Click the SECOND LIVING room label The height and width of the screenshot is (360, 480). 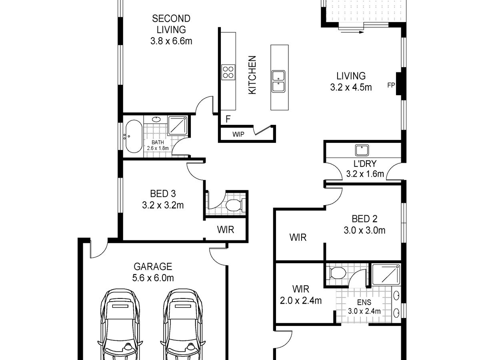(171, 24)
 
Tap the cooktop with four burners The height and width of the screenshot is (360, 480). (228, 72)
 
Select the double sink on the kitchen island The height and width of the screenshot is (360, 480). (278, 81)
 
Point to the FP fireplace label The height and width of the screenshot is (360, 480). (391, 85)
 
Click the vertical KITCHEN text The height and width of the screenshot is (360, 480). (252, 75)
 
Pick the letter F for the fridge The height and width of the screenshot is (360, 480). (228, 119)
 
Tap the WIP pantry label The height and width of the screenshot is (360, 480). (238, 134)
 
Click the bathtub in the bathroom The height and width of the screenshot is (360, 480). (134, 136)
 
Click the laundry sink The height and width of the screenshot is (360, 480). (362, 150)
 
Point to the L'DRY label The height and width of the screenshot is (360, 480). (365, 164)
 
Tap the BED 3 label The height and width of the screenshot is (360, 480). (163, 194)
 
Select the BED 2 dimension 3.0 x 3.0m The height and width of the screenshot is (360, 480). (364, 230)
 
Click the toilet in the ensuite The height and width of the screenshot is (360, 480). (336, 273)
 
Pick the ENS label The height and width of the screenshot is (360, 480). (364, 302)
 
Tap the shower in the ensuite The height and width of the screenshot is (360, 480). (386, 274)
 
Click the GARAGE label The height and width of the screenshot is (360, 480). (153, 267)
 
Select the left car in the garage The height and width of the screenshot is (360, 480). (120, 324)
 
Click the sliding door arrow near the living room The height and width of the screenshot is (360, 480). (352, 32)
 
